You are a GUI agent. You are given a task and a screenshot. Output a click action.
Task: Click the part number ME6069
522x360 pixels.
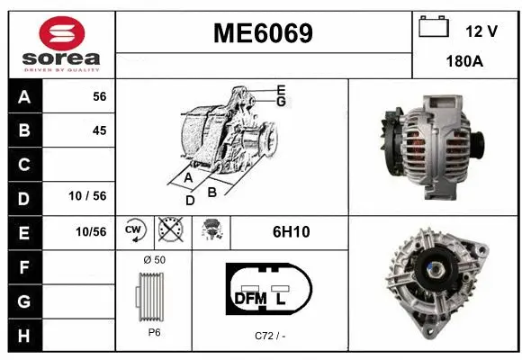[263, 34]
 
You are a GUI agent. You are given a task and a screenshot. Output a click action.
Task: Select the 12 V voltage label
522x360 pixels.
[482, 31]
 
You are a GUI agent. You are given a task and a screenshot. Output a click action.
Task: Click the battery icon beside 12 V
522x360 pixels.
[434, 26]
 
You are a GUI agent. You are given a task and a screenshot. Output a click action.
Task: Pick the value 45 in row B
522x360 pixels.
[99, 130]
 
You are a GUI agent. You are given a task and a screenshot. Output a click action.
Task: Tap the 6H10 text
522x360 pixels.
[291, 232]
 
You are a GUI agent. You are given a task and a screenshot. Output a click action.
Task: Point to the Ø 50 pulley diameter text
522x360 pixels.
[155, 259]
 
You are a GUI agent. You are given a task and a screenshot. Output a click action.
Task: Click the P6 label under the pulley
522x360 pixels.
[155, 332]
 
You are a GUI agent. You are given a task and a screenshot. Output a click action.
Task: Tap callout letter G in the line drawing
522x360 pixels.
[282, 103]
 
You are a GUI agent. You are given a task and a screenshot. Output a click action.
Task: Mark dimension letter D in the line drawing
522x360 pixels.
[189, 201]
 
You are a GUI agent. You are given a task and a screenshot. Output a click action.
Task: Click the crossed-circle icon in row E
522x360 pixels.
[168, 231]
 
